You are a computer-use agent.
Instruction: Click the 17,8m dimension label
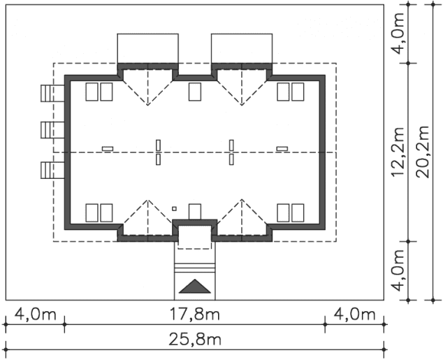tap(194, 315)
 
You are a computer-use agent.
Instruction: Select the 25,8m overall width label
tap(195, 339)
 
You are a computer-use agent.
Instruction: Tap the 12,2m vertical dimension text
tap(398, 152)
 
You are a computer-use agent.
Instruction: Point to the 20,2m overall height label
tap(422, 152)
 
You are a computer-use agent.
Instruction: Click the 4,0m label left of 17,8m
tap(36, 315)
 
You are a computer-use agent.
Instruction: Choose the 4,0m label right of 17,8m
tap(354, 315)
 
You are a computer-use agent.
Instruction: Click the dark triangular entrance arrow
tap(195, 286)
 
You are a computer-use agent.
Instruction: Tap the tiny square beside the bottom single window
tap(174, 209)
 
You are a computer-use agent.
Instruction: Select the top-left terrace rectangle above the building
tap(147, 48)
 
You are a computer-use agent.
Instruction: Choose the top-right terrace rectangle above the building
tap(242, 48)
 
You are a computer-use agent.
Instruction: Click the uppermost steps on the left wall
tap(52, 93)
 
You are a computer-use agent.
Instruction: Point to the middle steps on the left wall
tap(52, 130)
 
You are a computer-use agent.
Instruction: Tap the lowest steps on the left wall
tap(52, 170)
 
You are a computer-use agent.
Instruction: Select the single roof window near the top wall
tap(195, 92)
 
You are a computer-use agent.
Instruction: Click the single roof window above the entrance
tap(195, 212)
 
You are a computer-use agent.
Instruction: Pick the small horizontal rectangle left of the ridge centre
tap(108, 149)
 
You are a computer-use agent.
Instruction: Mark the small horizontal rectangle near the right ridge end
tap(282, 149)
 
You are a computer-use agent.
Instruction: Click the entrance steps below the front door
tap(195, 268)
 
